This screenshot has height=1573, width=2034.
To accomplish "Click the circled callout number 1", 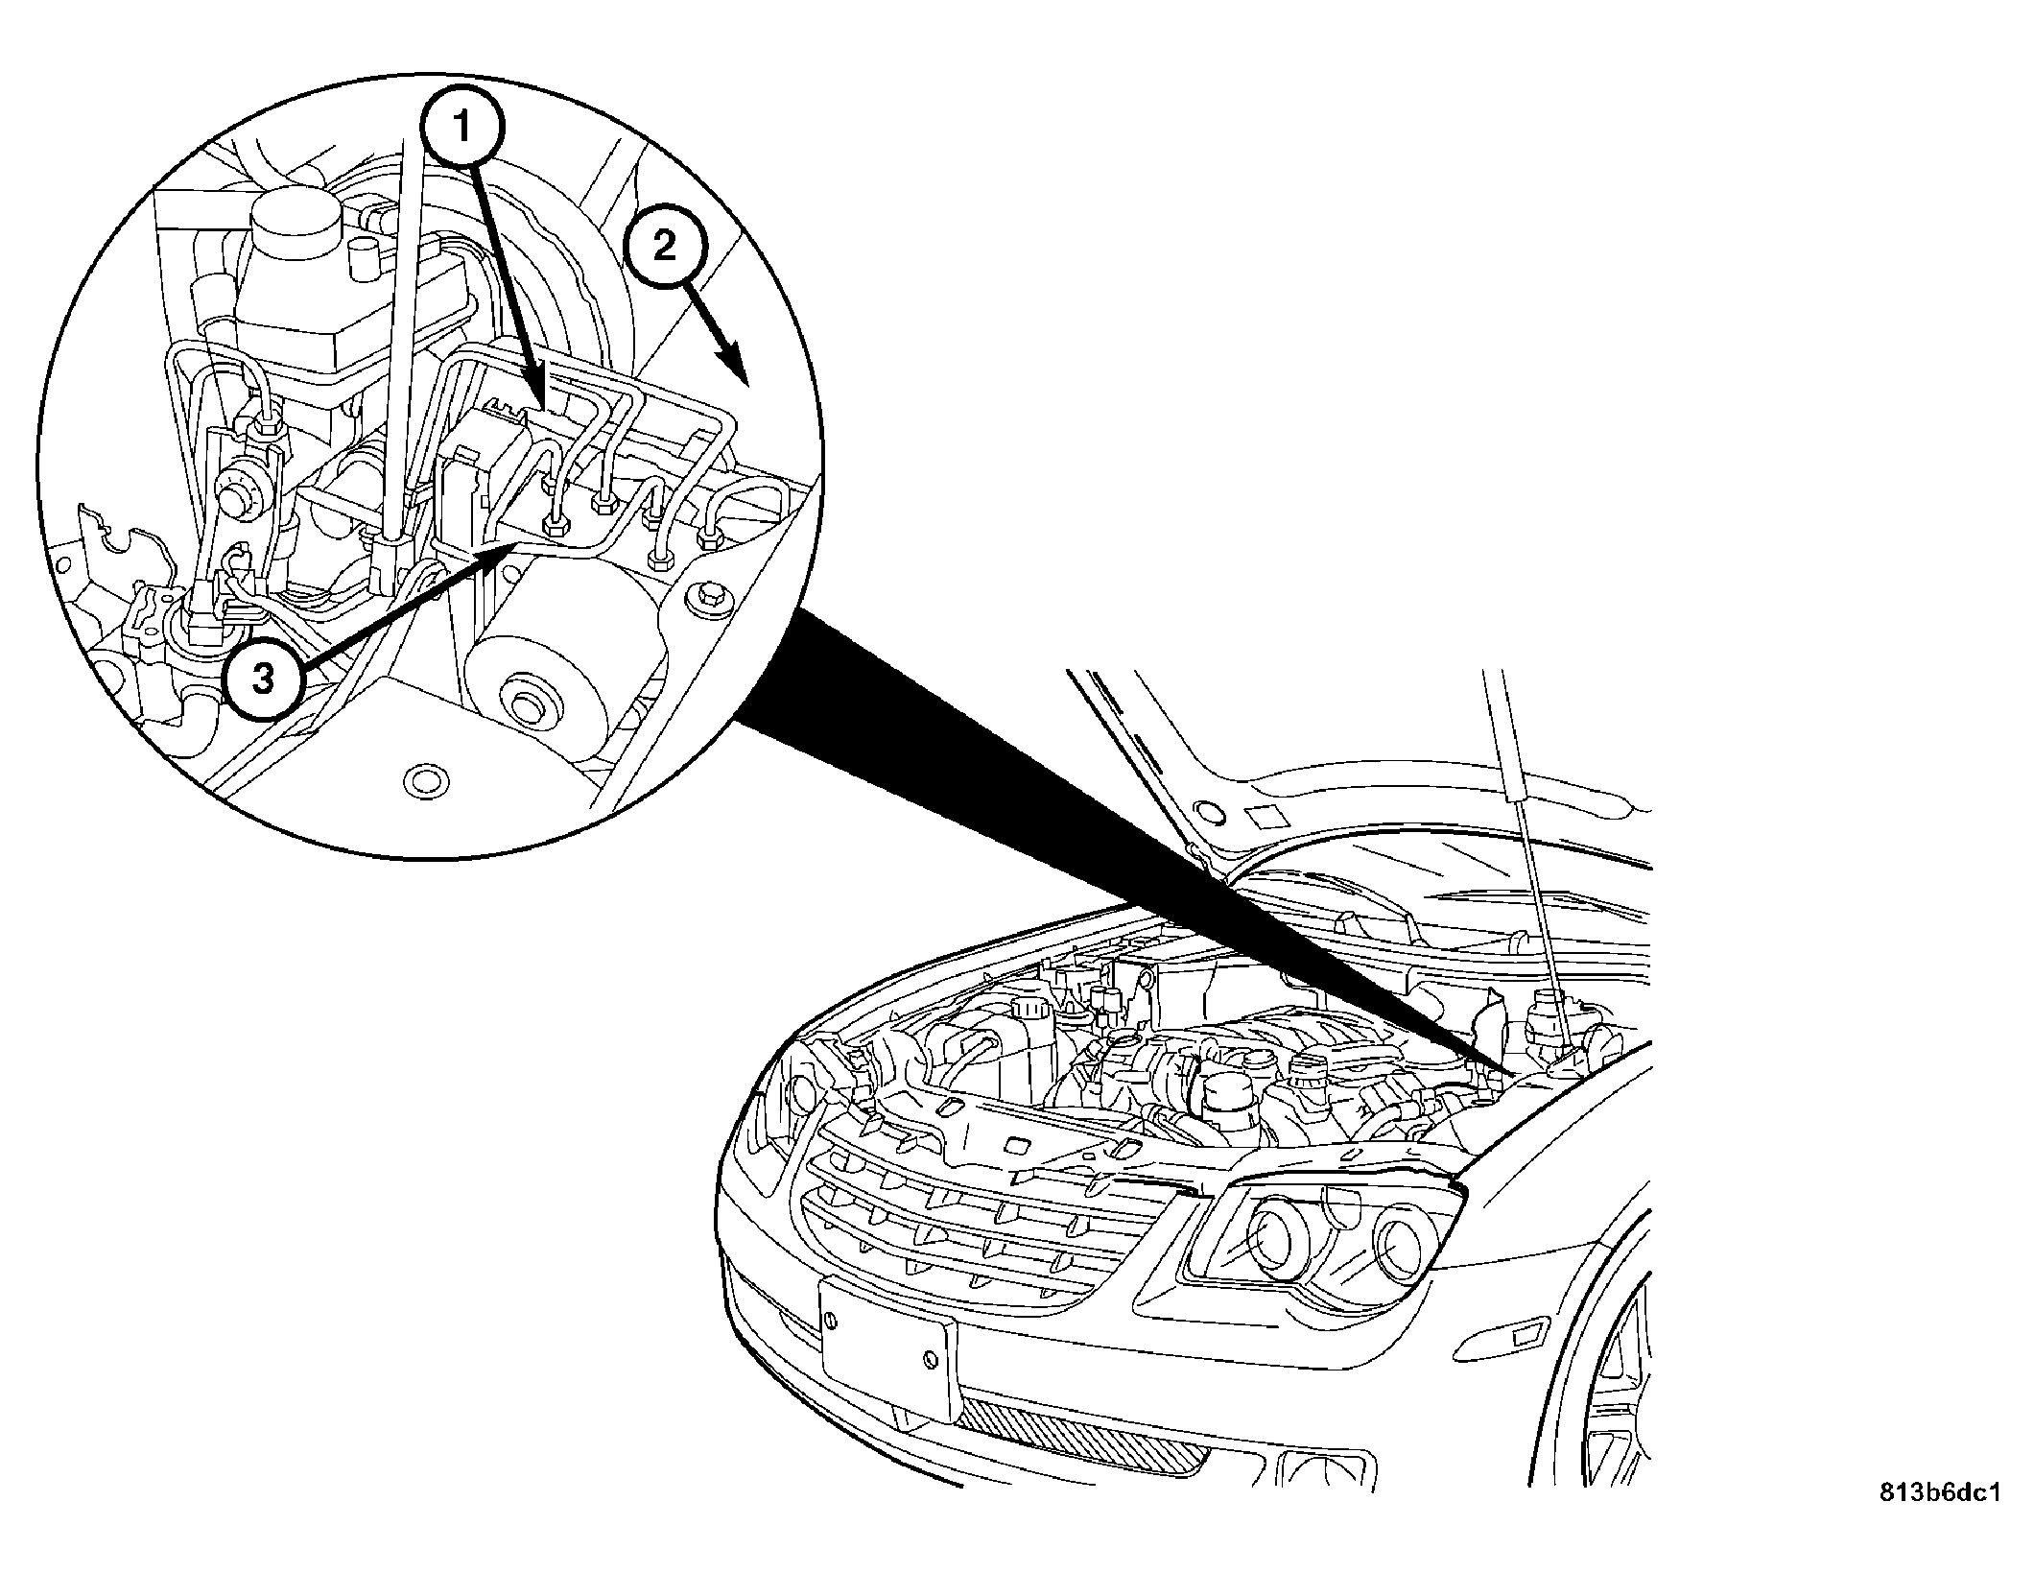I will pyautogui.click(x=461, y=125).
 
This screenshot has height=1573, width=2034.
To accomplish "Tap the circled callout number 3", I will pyautogui.click(x=263, y=679).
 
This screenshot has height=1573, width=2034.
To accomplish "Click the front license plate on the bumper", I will pyautogui.click(x=888, y=1351).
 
